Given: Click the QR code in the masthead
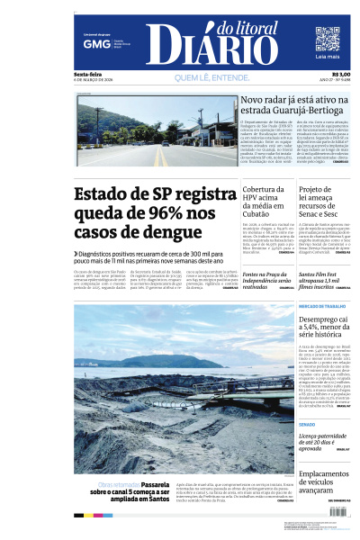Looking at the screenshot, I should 328,40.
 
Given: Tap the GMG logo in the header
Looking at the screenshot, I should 92,42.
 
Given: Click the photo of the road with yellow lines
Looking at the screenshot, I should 155,131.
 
